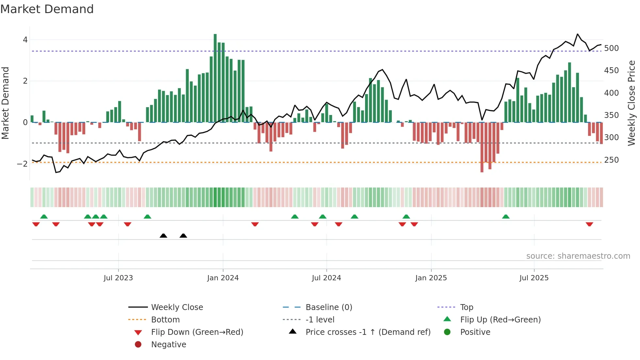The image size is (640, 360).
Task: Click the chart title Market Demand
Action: point(47,9)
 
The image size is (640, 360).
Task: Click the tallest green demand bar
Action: point(215,78)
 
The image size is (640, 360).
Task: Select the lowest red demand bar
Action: point(482,147)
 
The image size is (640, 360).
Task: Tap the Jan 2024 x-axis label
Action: point(223,278)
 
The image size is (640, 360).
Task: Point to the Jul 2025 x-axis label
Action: point(534,278)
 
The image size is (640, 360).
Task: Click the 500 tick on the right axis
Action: point(611,48)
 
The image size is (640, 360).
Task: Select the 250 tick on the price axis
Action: point(611,160)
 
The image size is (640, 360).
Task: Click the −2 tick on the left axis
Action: point(23,164)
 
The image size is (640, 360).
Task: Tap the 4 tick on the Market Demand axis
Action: point(25,40)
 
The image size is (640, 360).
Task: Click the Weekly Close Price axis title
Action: point(632,103)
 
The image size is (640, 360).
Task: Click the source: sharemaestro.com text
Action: point(578,256)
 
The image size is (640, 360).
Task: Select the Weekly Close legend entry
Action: point(177,307)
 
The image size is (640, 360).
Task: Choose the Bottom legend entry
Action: point(165,320)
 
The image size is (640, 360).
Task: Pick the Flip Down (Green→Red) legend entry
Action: point(197,332)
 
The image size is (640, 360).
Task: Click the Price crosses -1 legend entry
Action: point(368,332)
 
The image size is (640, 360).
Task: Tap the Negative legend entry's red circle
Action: point(138,345)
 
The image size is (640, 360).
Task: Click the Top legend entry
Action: point(467,307)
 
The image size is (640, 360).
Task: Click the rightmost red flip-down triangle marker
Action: point(589,224)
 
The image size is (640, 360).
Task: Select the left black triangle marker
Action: point(164,236)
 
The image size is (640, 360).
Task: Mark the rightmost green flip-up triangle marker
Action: point(506,217)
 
